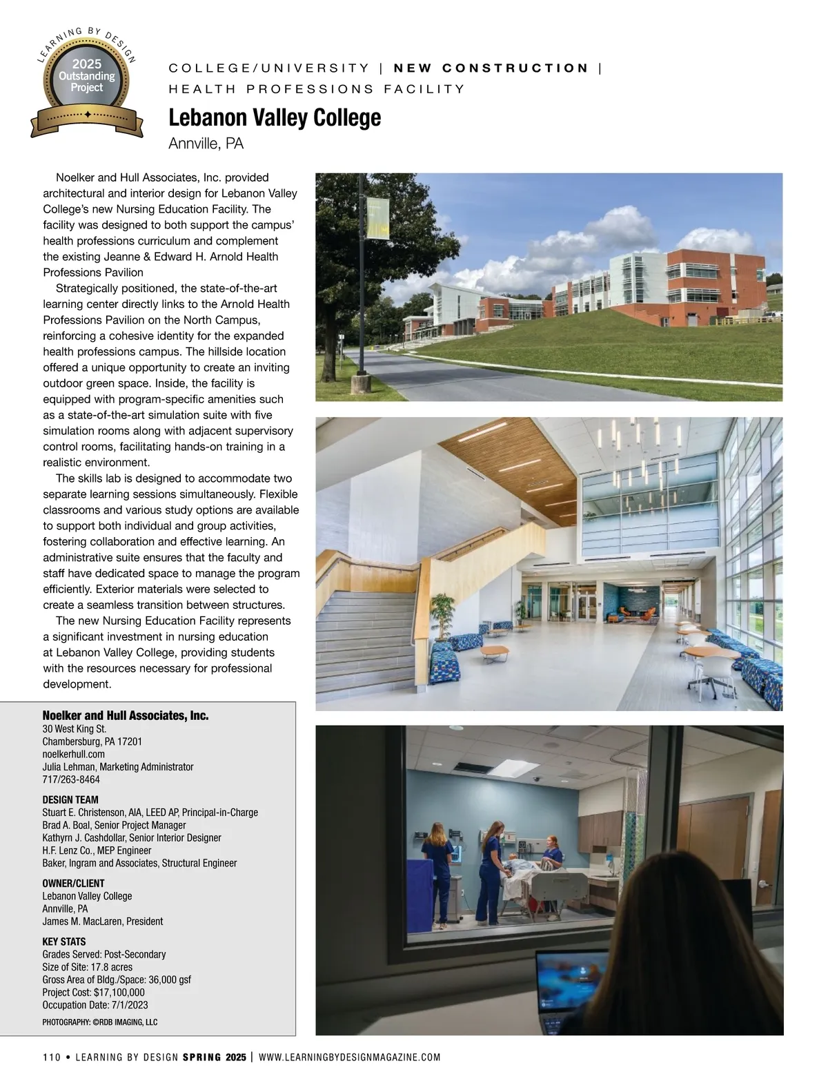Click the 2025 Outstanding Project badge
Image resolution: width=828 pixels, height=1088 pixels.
pyautogui.click(x=87, y=81)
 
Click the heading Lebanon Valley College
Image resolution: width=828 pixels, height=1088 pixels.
pyautogui.click(x=275, y=117)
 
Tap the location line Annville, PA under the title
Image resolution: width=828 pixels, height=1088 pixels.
pyautogui.click(x=206, y=144)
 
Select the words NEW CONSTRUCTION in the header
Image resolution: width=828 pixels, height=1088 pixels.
pyautogui.click(x=491, y=68)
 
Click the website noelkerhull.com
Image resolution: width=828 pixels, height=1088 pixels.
pyautogui.click(x=74, y=754)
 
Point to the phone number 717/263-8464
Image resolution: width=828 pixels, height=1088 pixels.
pyautogui.click(x=71, y=779)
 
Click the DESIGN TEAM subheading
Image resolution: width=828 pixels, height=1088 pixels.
pyautogui.click(x=70, y=799)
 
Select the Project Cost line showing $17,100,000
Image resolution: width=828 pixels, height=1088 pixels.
pyautogui.click(x=93, y=992)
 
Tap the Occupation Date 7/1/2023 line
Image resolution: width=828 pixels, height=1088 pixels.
pyautogui.click(x=95, y=1005)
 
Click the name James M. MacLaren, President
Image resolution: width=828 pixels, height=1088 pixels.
pyautogui.click(x=103, y=921)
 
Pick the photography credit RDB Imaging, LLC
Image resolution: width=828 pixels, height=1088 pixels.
pyautogui.click(x=100, y=1022)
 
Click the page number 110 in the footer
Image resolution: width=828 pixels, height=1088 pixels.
pyautogui.click(x=52, y=1057)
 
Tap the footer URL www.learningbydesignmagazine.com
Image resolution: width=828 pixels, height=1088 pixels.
pyautogui.click(x=349, y=1057)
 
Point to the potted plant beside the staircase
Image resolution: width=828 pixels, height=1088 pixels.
pyautogui.click(x=442, y=616)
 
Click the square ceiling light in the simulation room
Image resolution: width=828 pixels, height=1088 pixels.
pyautogui.click(x=514, y=768)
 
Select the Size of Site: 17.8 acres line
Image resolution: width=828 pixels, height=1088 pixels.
pyautogui.click(x=87, y=967)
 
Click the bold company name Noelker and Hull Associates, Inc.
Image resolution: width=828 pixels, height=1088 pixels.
pyautogui.click(x=126, y=715)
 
